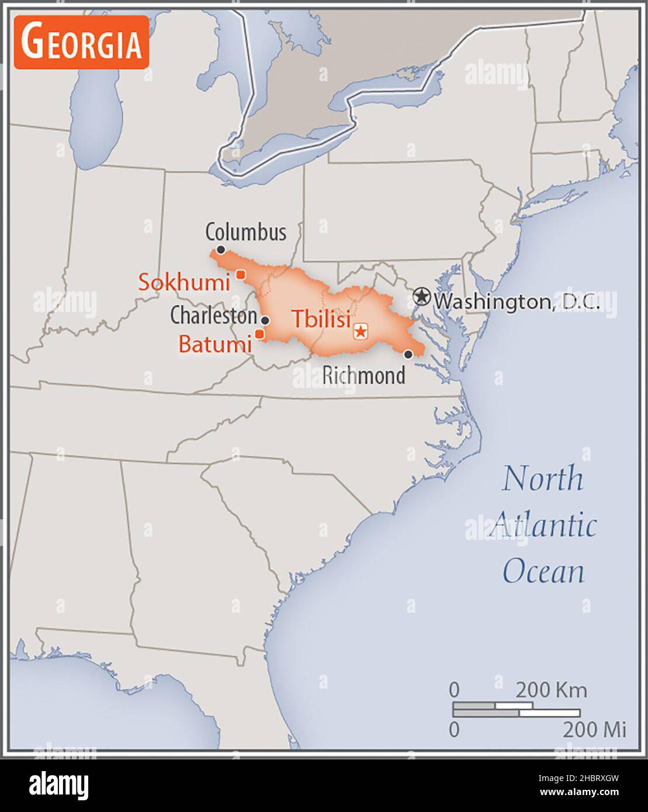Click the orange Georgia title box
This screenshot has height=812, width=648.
point(81,43)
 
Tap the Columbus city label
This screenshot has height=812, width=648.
point(245,232)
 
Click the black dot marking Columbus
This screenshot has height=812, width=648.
point(221,249)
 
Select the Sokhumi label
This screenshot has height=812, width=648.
point(183,283)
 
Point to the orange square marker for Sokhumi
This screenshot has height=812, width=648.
point(241,274)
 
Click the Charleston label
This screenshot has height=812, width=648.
point(213,316)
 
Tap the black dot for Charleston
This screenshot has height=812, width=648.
point(265,320)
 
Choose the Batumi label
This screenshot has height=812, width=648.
point(214,344)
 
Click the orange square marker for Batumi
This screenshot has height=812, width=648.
point(259,334)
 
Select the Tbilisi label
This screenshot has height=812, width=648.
point(321,318)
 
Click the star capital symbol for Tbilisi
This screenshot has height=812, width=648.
point(361,332)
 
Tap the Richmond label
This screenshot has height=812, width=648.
point(363,375)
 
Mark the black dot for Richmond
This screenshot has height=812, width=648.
point(408,354)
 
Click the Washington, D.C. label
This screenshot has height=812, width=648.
point(517,301)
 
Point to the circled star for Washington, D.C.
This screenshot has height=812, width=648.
point(421,297)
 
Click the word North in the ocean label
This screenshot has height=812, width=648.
point(543,478)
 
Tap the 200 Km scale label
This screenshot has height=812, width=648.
point(550,690)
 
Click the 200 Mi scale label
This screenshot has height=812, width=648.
point(594,729)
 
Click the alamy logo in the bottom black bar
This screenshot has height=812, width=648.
point(59,786)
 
